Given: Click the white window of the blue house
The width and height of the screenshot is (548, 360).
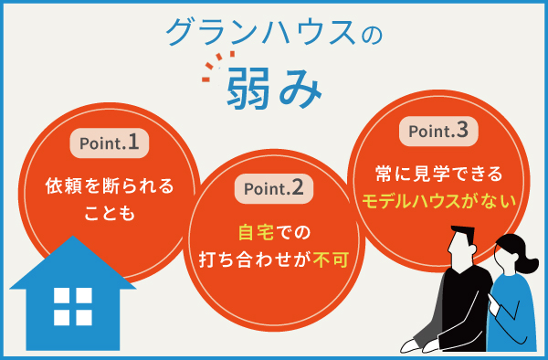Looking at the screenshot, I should click(73, 306).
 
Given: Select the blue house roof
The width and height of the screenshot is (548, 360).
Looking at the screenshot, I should click(73, 260).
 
